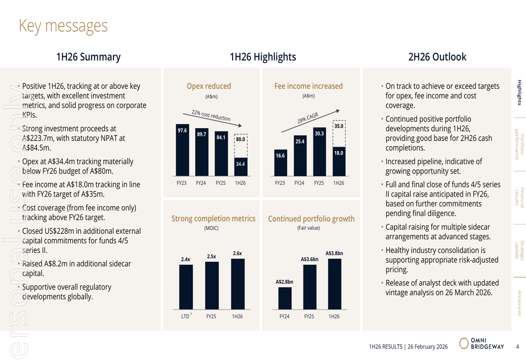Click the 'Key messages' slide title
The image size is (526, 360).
[63, 26]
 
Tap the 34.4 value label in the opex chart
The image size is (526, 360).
[240, 164]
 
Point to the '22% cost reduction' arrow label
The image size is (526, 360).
[210, 116]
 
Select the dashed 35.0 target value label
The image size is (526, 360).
[339, 126]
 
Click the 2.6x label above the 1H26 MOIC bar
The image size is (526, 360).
[237, 253]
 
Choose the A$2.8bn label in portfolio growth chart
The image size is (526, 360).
[284, 282]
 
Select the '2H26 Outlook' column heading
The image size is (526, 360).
[437, 57]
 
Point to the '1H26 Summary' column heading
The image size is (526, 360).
[88, 57]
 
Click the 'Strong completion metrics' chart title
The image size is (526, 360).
[213, 219]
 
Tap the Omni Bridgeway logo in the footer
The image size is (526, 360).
[481, 344]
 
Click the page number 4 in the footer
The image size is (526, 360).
[517, 346]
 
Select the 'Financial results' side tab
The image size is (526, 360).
[519, 198]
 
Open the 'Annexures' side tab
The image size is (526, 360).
[519, 303]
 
